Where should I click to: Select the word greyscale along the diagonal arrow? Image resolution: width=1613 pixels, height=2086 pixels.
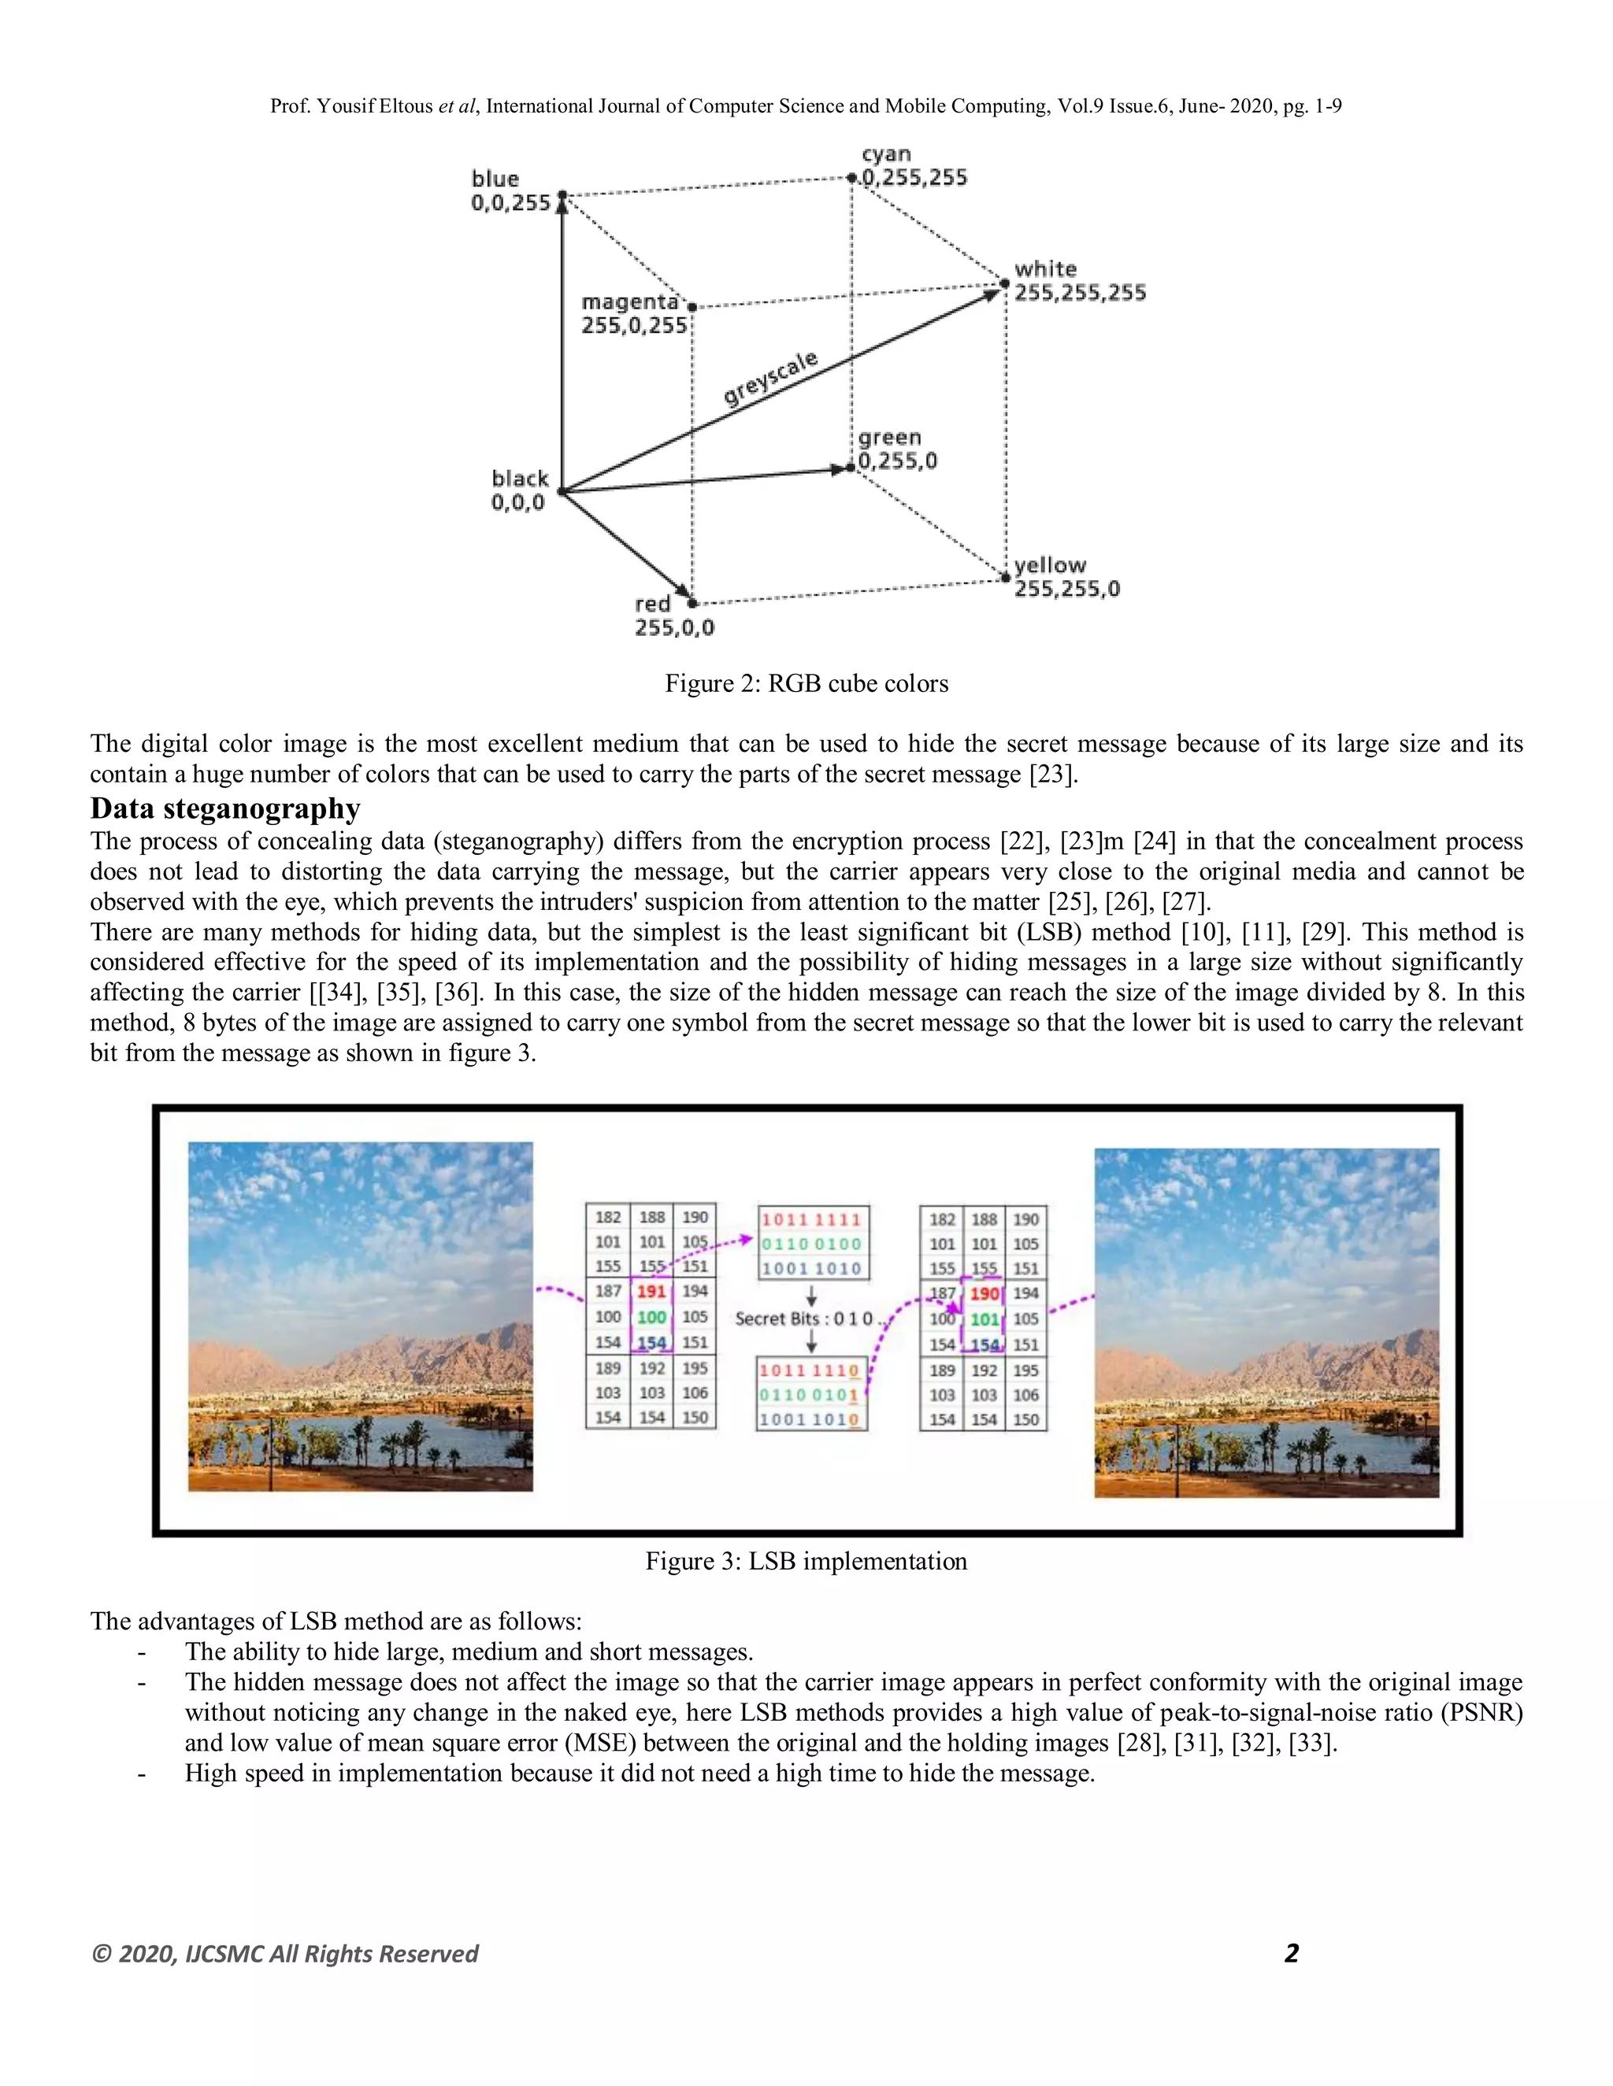[x=770, y=378]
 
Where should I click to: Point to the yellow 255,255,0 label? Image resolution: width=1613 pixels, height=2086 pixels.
[x=1066, y=577]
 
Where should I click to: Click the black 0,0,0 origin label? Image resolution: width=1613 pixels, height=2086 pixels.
[x=519, y=490]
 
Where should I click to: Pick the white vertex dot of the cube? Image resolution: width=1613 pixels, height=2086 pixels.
[x=1004, y=283]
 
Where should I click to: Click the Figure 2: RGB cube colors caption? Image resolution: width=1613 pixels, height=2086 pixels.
[x=806, y=684]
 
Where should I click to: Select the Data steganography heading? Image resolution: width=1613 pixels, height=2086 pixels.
[x=225, y=808]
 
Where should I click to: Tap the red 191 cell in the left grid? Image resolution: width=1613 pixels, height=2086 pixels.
[x=651, y=1291]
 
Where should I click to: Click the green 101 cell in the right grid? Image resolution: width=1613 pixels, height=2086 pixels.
[x=984, y=1319]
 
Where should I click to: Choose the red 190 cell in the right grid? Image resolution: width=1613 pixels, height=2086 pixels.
[x=984, y=1294]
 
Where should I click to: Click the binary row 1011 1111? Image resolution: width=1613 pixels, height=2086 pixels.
[x=811, y=1219]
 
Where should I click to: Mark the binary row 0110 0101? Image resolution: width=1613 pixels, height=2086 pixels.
[x=810, y=1395]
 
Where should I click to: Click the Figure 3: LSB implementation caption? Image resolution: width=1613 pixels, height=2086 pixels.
[x=806, y=1561]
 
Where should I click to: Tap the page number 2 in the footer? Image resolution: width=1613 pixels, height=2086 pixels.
[x=1291, y=1953]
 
